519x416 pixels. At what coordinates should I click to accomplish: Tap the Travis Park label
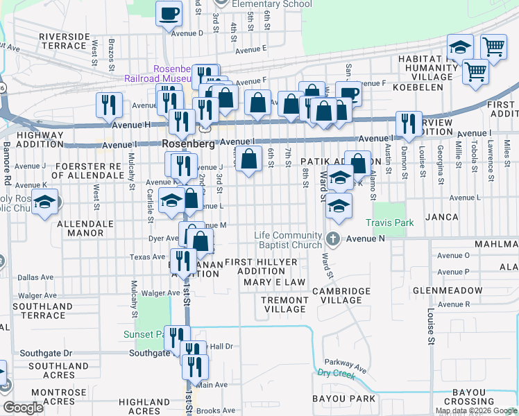point(390,223)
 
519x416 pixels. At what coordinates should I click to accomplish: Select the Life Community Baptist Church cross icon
point(333,239)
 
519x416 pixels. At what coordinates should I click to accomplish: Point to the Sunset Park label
point(144,334)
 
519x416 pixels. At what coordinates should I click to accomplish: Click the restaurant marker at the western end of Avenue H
point(109,105)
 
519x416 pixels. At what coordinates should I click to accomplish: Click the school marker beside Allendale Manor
point(45,204)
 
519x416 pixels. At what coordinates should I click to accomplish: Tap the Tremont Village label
point(284,304)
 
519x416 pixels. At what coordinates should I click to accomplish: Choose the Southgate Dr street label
point(46,353)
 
